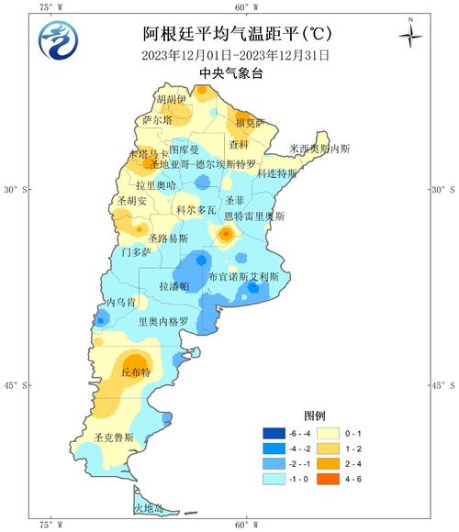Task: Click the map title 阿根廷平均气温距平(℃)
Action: [x=238, y=35]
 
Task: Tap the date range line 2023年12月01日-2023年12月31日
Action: [x=236, y=55]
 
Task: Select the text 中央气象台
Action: [x=237, y=73]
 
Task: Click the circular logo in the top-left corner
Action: [x=58, y=39]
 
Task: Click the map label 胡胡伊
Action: [x=171, y=99]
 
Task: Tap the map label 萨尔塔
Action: [x=157, y=120]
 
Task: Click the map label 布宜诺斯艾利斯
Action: [x=242, y=276]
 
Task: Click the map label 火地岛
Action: [x=148, y=507]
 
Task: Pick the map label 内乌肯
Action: [x=120, y=302]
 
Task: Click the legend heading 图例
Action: [x=315, y=416]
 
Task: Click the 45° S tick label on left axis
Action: [x=19, y=385]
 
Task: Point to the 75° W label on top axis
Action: [x=51, y=7]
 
